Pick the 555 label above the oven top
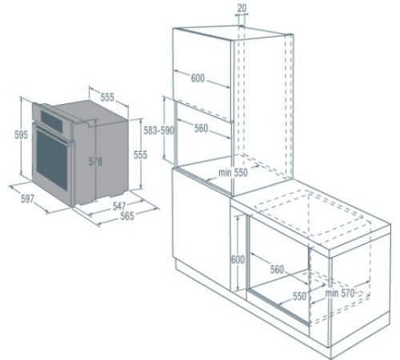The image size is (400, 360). [x=107, y=97]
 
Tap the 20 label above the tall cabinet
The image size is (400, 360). [x=242, y=7]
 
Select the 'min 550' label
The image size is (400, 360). [x=232, y=171]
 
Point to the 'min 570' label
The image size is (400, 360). [x=341, y=293]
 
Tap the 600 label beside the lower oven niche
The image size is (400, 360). [x=238, y=258]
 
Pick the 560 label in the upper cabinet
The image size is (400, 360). [x=201, y=127]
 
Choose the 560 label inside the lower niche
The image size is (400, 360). [x=276, y=270]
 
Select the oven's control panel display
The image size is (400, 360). [x=54, y=119]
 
